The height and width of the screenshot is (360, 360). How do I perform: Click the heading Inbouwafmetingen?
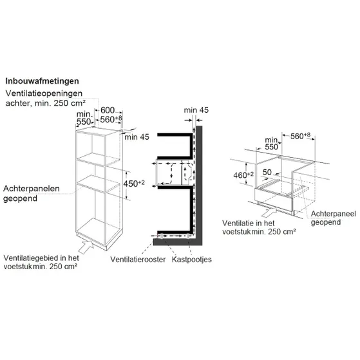click(x=42, y=81)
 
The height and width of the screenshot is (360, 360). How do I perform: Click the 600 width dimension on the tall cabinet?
click(x=108, y=110)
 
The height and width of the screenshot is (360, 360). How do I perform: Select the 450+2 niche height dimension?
click(x=135, y=184)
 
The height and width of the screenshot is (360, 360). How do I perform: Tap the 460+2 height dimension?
click(x=243, y=175)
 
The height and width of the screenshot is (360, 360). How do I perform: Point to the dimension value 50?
click(x=267, y=172)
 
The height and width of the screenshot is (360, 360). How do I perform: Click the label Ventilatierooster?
click(x=138, y=260)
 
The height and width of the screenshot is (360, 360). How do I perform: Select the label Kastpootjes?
click(x=192, y=260)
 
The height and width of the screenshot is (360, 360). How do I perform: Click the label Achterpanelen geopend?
click(x=32, y=193)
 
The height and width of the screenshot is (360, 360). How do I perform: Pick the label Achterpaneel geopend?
click(x=333, y=218)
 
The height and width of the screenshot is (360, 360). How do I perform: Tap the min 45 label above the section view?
click(x=196, y=110)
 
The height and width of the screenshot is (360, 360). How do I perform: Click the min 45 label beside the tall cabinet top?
click(x=137, y=137)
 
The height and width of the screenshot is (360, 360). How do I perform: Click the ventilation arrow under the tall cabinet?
click(x=86, y=247)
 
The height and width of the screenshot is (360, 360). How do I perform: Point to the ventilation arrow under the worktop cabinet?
click(x=269, y=211)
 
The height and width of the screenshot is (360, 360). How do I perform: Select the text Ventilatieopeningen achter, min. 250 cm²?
click(x=44, y=99)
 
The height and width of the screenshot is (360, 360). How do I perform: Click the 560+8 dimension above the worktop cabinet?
click(x=300, y=136)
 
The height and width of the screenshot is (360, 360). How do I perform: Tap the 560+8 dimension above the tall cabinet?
click(x=111, y=119)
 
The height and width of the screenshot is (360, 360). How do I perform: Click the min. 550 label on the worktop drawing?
click(x=272, y=144)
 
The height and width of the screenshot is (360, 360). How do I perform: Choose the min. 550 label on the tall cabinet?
click(x=85, y=118)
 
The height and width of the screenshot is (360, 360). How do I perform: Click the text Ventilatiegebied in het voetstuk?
click(x=41, y=262)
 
